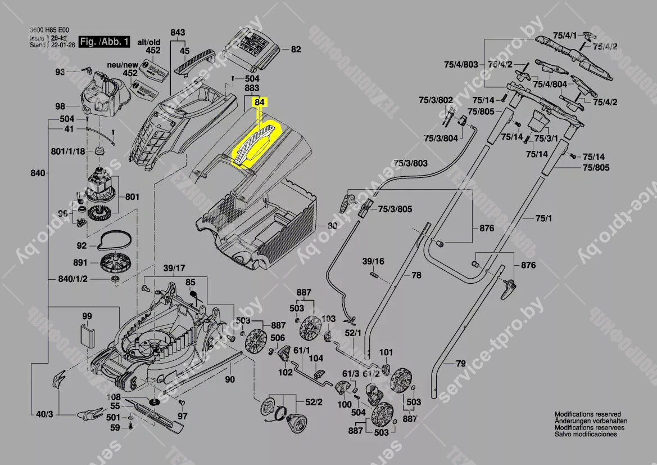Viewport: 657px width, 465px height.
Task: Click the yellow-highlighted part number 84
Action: pos(259,102)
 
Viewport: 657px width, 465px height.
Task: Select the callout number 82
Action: pos(296,50)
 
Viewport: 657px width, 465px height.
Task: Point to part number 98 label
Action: pos(60,106)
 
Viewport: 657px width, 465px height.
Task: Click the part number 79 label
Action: pos(461,364)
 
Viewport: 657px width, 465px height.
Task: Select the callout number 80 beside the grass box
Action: pos(332,226)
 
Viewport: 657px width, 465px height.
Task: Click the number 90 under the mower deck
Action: pos(230,379)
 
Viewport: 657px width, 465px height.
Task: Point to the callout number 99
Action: pos(87,316)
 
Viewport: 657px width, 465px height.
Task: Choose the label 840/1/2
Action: pos(73,280)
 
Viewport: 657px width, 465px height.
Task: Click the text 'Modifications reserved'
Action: pos(587,414)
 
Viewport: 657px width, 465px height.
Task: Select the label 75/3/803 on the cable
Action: pos(410,163)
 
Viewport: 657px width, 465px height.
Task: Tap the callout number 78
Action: pos(416,275)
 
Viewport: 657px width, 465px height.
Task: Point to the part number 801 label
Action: pos(132,197)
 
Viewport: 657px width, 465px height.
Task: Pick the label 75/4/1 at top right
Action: pos(564,35)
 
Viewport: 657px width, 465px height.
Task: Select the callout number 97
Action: pos(182,416)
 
